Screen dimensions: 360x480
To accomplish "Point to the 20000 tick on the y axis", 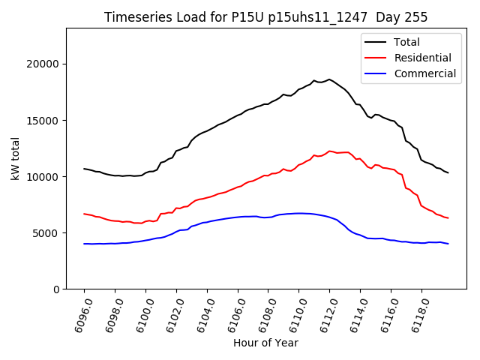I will click(44, 64).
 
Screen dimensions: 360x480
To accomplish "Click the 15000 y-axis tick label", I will click(44, 120).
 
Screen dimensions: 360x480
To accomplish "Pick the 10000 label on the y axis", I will click(44, 176).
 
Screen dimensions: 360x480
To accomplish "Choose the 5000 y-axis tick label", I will click(47, 232).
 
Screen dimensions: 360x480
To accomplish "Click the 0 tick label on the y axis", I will click(56, 289).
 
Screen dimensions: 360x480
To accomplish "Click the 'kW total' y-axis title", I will click(16, 158).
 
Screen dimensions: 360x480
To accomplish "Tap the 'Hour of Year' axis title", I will click(265, 343).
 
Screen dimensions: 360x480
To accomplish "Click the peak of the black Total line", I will click(329, 79).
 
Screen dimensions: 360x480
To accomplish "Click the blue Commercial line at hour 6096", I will click(84, 244).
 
